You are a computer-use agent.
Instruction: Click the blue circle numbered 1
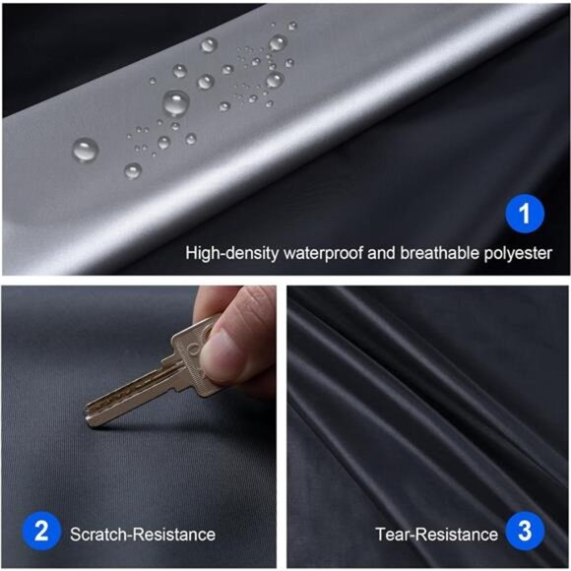(524, 213)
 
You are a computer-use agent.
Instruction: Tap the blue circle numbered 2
(40, 533)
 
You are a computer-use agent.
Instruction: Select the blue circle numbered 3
(524, 533)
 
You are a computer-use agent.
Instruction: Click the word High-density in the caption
(231, 253)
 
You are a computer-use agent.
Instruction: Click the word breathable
(439, 253)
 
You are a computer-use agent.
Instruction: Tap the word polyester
(517, 253)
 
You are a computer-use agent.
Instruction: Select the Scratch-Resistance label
(142, 535)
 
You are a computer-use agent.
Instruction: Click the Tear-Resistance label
(436, 535)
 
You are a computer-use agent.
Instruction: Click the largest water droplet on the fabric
(176, 101)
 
